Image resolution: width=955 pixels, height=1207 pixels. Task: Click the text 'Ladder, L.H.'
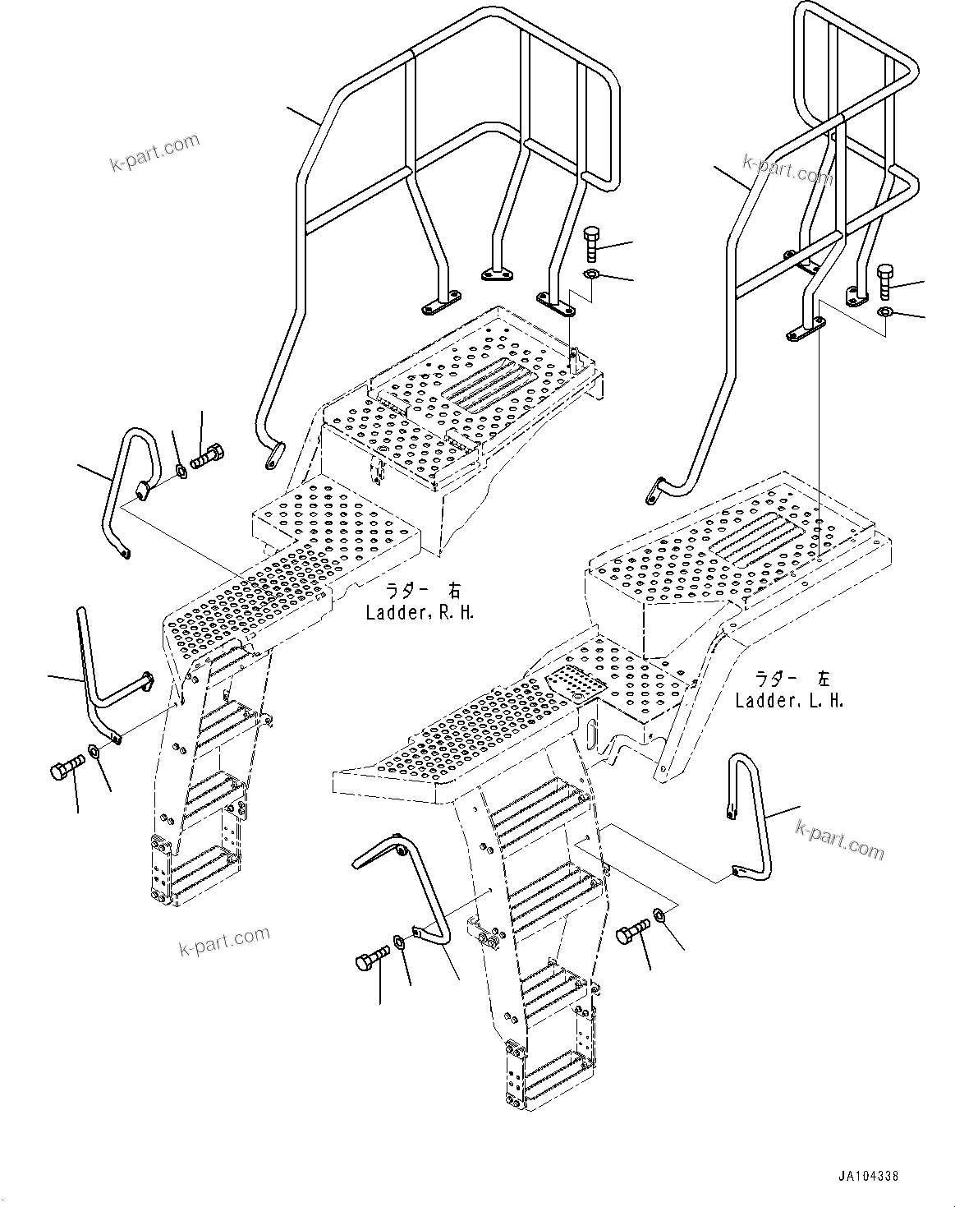(x=789, y=701)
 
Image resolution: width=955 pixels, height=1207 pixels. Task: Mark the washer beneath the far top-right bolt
(x=884, y=312)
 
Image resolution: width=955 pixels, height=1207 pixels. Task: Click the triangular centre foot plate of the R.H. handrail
(x=495, y=276)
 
